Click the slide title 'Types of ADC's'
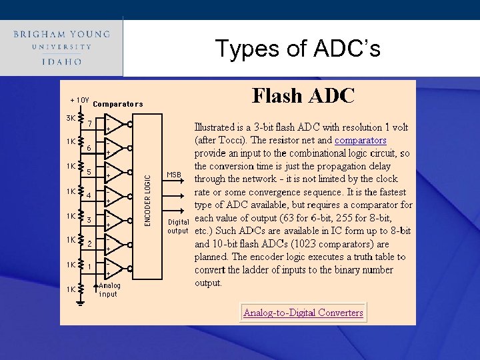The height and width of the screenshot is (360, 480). tap(297, 49)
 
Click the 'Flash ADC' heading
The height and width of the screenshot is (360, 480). tap(303, 96)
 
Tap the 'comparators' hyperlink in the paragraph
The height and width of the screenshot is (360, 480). tap(360, 141)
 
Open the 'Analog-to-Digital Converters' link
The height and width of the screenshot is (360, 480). tap(303, 313)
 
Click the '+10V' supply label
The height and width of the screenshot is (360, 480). tap(80, 100)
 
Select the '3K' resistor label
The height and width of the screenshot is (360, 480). tap(71, 119)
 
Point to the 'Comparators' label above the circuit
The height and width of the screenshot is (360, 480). tap(117, 104)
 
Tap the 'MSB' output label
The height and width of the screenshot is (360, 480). tap(174, 175)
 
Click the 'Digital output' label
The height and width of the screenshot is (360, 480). tap(178, 226)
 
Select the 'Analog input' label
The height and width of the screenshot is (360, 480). tap(109, 289)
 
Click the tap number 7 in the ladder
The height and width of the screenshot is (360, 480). tap(89, 123)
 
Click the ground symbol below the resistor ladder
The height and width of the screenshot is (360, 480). tap(79, 303)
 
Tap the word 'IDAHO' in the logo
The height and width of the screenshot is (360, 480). tap(61, 61)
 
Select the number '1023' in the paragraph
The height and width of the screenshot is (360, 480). tap(316, 244)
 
